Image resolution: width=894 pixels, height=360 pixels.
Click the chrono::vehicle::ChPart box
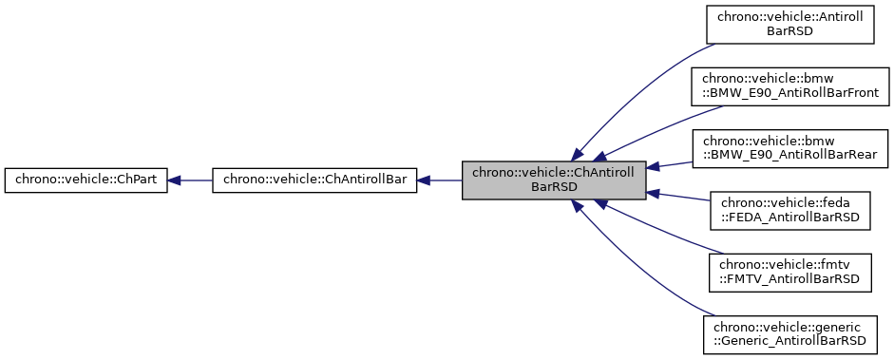click(x=86, y=180)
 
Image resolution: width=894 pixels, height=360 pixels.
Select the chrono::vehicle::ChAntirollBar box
click(x=314, y=180)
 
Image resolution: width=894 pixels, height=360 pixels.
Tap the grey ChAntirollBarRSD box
click(x=554, y=180)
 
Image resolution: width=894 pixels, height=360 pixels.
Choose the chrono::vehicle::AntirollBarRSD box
click(x=789, y=23)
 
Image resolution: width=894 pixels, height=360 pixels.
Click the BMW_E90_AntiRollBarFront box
click(x=789, y=85)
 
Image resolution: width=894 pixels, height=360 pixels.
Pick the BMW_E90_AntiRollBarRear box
click(x=789, y=146)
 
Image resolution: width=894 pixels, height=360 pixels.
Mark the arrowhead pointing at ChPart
click(x=176, y=180)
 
